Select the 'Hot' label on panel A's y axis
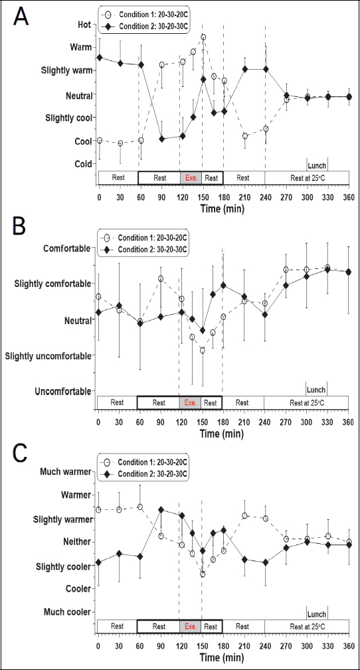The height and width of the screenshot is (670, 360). [84, 25]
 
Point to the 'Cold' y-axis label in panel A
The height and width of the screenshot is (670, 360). [83, 164]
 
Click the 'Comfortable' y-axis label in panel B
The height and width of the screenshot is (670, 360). [66, 248]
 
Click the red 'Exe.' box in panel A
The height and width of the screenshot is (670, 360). [190, 178]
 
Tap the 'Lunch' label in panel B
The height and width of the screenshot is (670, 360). [316, 390]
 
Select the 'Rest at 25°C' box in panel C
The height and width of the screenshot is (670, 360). [306, 626]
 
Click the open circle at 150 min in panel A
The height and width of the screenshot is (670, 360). [203, 37]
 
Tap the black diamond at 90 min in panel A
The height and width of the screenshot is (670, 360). [161, 139]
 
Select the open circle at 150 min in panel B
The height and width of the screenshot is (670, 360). [203, 351]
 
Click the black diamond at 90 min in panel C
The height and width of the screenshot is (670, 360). [161, 510]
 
